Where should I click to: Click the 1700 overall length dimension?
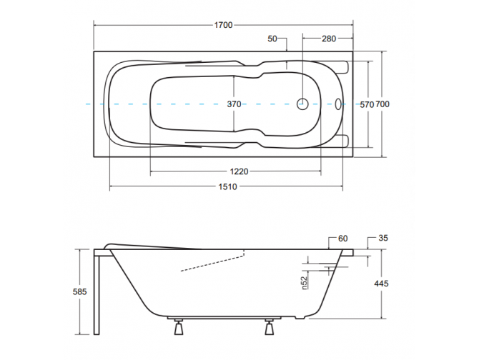pyautogui.click(x=223, y=26)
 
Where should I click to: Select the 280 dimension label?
pyautogui.click(x=329, y=38)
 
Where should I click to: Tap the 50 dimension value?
pyautogui.click(x=272, y=38)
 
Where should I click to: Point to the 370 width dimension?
pyautogui.click(x=234, y=104)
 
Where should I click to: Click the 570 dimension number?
pyautogui.click(x=366, y=104)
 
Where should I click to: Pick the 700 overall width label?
pyautogui.click(x=382, y=104)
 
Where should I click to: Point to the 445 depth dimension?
pyautogui.click(x=382, y=284)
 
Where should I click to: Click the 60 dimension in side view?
pyautogui.click(x=342, y=238)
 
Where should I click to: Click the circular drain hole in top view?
pyautogui.click(x=302, y=104)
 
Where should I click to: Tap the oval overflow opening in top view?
pyautogui.click(x=339, y=104)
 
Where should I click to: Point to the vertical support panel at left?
pyautogui.click(x=97, y=293)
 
